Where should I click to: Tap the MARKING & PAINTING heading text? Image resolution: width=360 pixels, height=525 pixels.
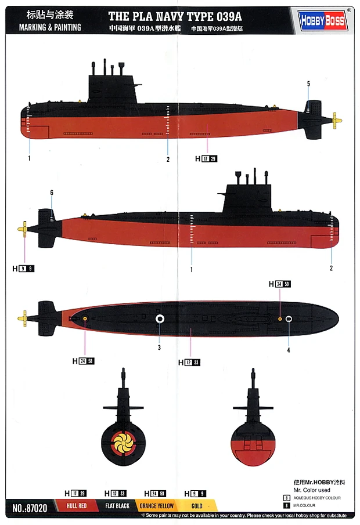50,27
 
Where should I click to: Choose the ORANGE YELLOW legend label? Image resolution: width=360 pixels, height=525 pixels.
157,506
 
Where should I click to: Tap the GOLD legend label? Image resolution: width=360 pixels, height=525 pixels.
197,506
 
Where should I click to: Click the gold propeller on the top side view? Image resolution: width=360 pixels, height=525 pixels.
336,121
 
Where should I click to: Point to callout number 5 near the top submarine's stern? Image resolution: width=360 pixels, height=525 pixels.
308,84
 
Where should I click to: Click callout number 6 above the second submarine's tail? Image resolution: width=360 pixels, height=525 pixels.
52,193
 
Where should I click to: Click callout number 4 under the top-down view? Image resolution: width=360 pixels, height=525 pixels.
288,350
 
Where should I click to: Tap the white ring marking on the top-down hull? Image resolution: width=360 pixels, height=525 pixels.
160,318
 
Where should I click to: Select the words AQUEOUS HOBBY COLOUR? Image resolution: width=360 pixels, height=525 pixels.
317,498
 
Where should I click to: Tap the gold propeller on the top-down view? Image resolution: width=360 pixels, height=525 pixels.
24,317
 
